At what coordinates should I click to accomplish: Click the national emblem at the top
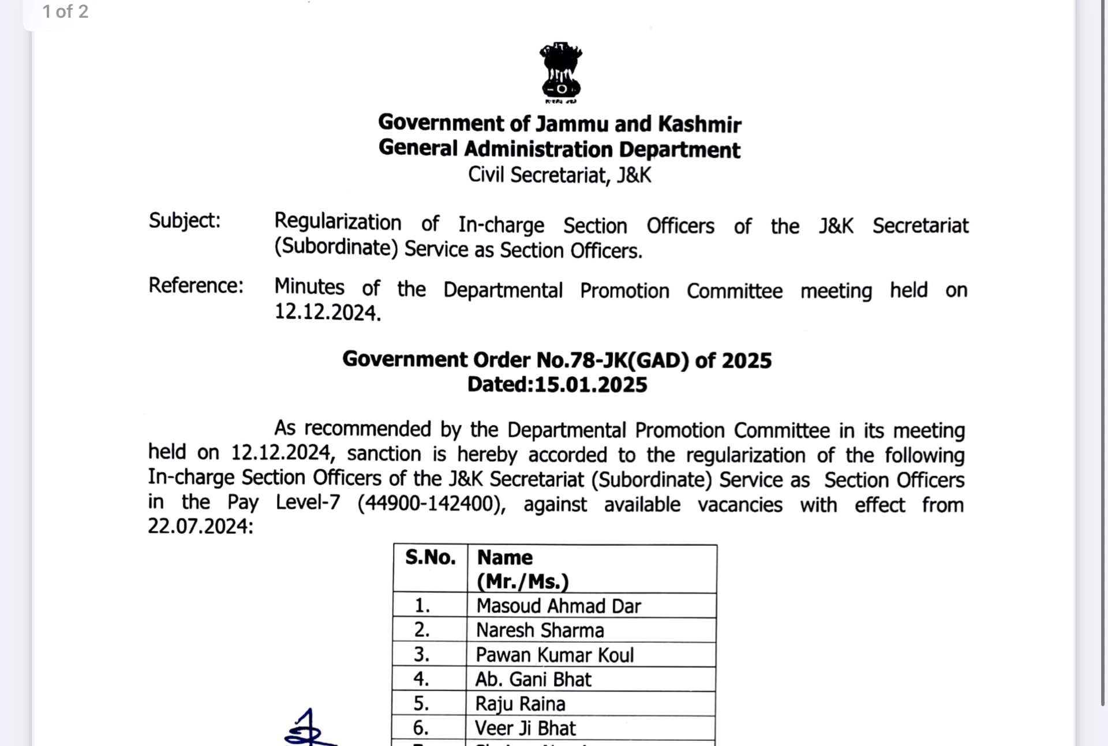point(560,72)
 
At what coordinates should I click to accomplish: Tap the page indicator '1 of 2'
point(65,12)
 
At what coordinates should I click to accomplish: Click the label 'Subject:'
point(185,220)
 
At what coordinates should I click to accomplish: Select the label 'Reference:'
point(196,286)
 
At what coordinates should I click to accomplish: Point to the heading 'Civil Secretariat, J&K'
point(559,175)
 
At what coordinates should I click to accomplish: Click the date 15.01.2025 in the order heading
point(591,385)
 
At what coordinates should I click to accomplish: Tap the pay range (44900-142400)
point(431,503)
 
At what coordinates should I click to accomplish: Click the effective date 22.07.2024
point(199,526)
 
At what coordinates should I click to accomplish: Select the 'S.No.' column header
point(430,557)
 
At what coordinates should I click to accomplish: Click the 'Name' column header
point(505,557)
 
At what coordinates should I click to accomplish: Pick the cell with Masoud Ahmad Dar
point(559,606)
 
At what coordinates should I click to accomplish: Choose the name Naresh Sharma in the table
point(540,631)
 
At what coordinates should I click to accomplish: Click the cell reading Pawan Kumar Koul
point(555,655)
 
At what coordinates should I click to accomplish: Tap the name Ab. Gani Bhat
point(533,680)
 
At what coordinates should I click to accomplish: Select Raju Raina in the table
point(520,704)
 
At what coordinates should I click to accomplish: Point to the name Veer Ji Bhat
point(525,728)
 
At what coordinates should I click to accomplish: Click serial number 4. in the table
point(421,679)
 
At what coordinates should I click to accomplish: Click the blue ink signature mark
point(309,728)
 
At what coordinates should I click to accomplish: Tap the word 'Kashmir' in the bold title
point(699,124)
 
